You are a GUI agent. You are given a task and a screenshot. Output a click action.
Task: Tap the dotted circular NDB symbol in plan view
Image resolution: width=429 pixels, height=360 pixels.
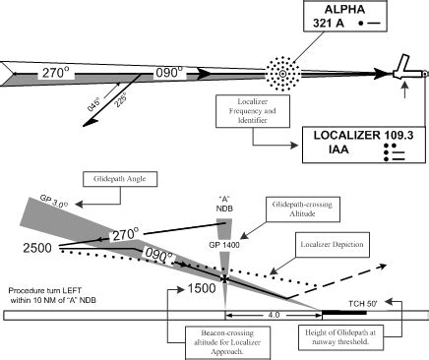(283, 73)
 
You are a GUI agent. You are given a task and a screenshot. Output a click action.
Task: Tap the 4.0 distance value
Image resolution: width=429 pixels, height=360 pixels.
(273, 316)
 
